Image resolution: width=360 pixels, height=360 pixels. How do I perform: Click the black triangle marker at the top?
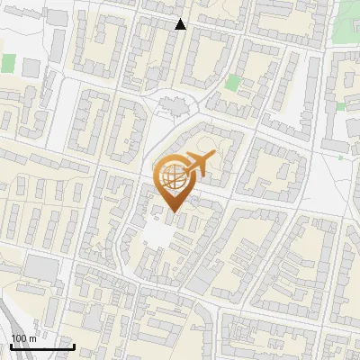tap(181, 24)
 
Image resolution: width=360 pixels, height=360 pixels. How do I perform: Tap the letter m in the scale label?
tap(32, 338)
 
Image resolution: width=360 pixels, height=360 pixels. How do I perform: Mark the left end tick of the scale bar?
tap(10, 346)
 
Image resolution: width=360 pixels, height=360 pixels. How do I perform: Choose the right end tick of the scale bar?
tap(74, 346)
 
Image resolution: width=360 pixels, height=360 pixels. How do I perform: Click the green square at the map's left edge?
tap(8, 64)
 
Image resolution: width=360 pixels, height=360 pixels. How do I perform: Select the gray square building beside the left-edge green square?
tap(31, 67)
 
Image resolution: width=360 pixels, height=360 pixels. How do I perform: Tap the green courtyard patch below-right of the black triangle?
tap(232, 83)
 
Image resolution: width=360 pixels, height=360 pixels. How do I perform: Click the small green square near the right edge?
tap(340, 105)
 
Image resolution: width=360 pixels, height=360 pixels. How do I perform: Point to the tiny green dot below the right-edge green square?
tap(341, 157)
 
